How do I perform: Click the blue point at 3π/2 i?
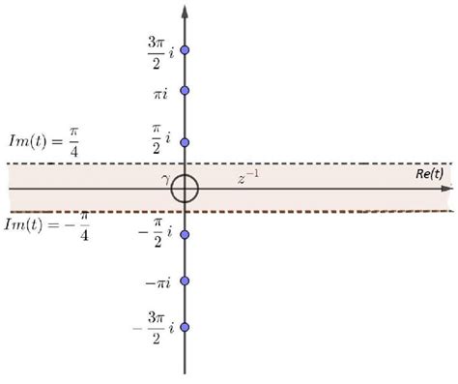[185, 49]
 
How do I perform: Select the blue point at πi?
[185, 91]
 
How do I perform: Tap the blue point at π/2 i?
[185, 141]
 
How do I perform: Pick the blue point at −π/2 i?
[185, 234]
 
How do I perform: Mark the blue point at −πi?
[185, 281]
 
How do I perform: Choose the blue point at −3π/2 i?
[185, 327]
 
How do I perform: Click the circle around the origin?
[185, 189]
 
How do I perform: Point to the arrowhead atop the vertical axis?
[185, 10]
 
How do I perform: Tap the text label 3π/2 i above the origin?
[156, 47]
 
